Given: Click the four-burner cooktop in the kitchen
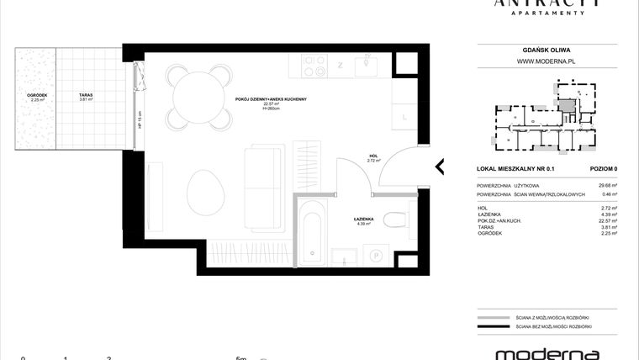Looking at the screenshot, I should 314,64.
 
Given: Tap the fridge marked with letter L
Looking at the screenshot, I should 404,118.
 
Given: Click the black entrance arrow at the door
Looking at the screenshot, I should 439,166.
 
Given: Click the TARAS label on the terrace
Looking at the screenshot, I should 86,95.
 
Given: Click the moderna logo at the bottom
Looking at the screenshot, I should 547,352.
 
